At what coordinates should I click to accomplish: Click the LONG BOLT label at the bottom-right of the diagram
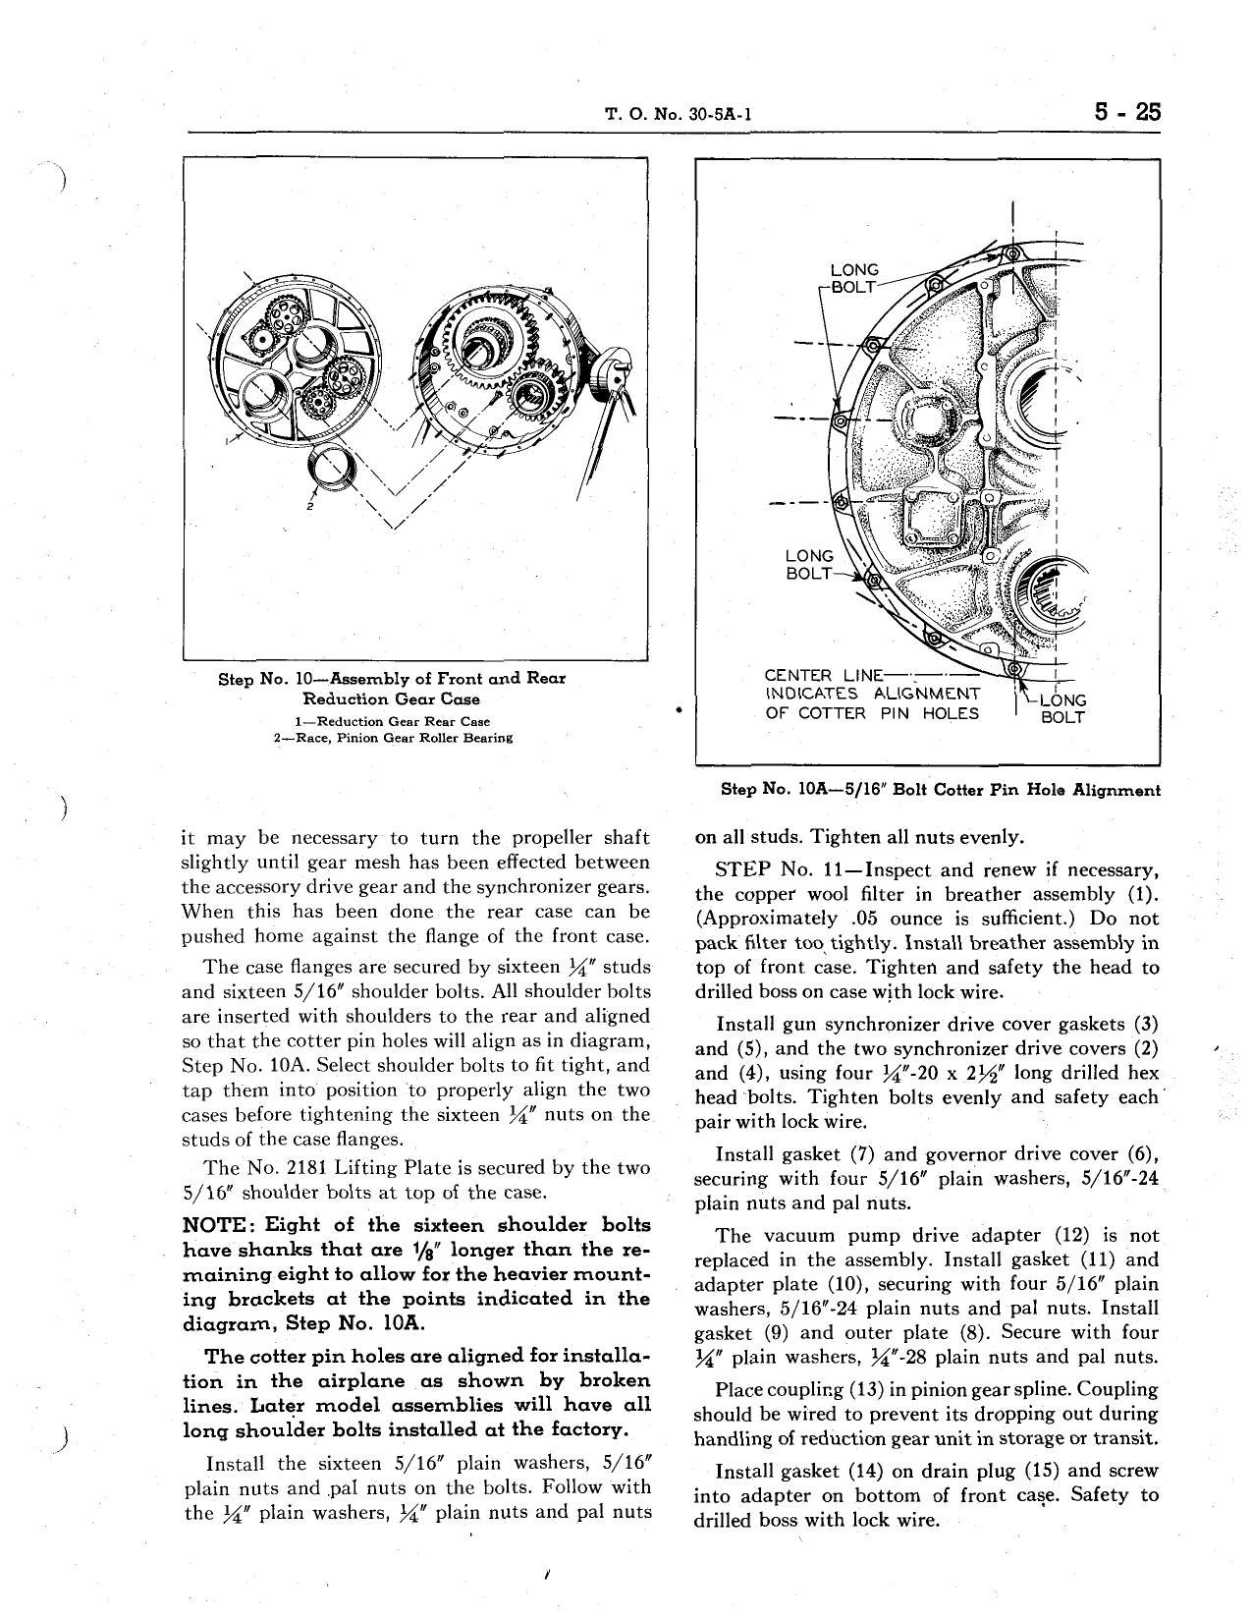[1062, 708]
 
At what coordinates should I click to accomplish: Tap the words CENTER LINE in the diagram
[823, 676]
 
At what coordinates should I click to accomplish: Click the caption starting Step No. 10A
[940, 789]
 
